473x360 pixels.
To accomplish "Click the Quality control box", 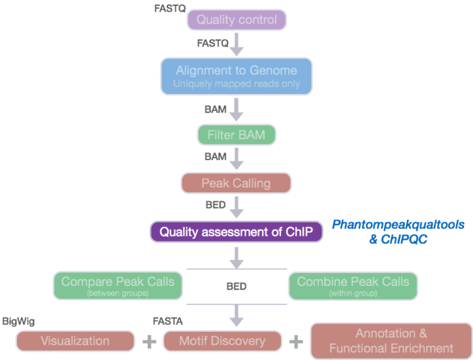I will coord(236,20).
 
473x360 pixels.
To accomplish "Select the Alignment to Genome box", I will coord(236,76).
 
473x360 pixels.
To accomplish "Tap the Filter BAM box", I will coord(236,135).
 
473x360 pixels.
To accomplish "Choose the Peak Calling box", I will coord(236,183).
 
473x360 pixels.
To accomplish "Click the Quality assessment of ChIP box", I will coord(236,232).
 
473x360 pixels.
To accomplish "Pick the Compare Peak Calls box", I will coord(118,285).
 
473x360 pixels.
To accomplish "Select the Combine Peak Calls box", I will coord(353,285).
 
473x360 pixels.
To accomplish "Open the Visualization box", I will coord(74,341).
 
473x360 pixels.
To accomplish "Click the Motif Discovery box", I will coord(222,341).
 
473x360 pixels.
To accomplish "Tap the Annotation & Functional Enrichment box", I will coord(391,341).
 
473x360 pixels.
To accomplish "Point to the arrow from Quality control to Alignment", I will coord(236,44).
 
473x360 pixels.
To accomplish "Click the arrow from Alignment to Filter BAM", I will coord(236,109).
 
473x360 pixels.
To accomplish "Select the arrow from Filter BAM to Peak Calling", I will coord(236,159).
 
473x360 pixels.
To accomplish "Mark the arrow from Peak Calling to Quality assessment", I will coord(236,207).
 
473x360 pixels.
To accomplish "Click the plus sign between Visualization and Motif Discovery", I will coord(149,341).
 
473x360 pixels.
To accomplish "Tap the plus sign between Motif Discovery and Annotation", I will coord(295,341).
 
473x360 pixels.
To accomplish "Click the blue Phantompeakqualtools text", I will coord(398,225).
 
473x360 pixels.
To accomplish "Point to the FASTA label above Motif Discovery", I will coord(167,320).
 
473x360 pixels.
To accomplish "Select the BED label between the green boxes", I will coord(236,286).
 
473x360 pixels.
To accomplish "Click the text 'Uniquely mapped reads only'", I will coord(236,84).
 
